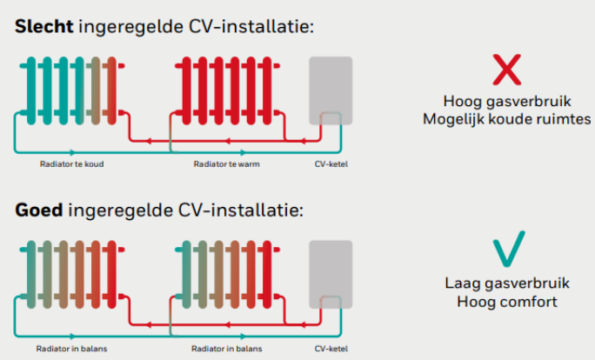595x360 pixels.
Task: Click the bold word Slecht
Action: tap(43, 27)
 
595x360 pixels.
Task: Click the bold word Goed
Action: tap(40, 211)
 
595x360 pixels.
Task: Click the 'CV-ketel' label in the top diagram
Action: tap(331, 163)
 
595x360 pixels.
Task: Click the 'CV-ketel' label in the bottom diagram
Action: tap(331, 348)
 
